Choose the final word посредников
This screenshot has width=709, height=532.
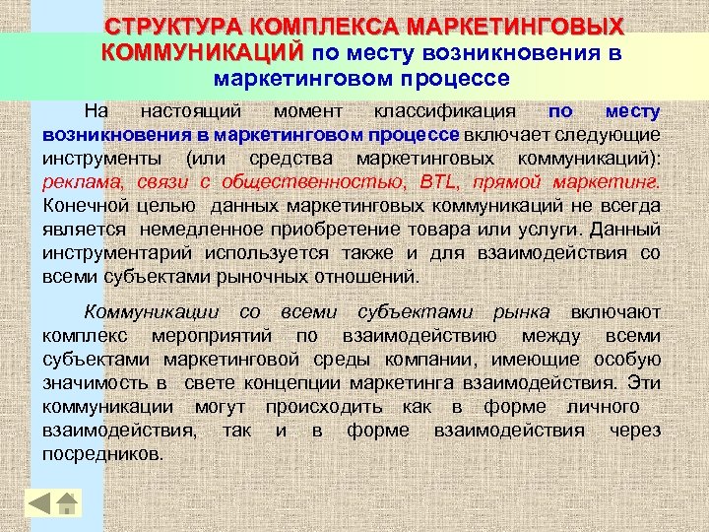tap(103, 454)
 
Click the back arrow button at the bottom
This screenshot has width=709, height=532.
tap(38, 503)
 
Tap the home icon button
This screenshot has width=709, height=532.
tap(67, 503)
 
